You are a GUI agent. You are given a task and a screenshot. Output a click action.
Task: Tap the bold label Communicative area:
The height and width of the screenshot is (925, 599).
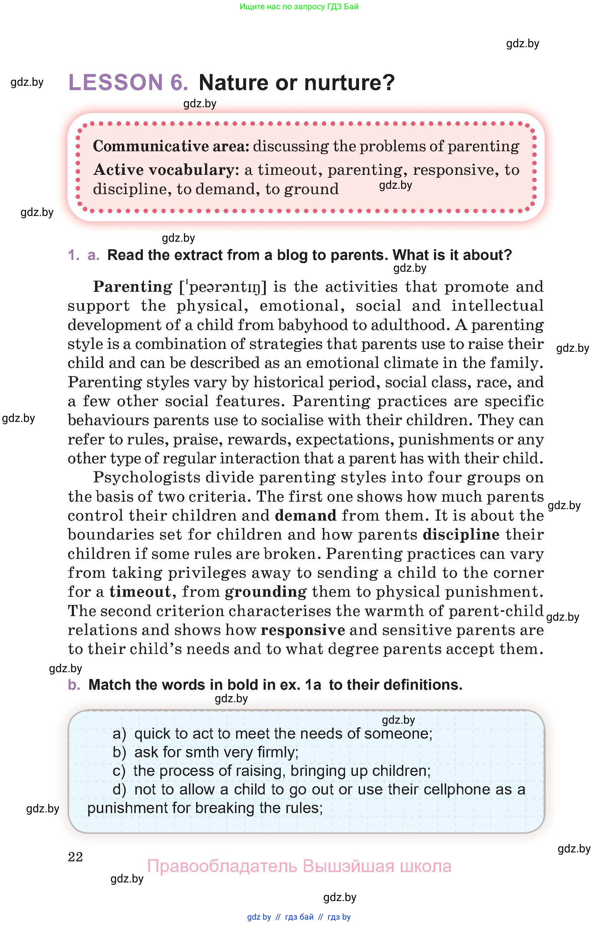pos(171,146)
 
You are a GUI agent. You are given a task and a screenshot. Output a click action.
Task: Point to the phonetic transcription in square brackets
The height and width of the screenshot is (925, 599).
pos(223,287)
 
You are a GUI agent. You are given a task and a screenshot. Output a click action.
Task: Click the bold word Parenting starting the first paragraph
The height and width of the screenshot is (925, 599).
pos(133,287)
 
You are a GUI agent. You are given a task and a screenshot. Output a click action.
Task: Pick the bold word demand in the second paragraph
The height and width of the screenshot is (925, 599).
pos(305,515)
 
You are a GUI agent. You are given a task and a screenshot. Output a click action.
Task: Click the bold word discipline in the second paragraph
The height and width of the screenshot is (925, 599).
pos(461,535)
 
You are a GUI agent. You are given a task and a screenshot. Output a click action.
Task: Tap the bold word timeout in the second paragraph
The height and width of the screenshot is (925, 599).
pos(140,591)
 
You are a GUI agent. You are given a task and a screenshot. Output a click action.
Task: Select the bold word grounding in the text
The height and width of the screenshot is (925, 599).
pos(265,591)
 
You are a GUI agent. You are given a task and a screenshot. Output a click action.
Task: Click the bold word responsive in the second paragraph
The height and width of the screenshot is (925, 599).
pos(303,630)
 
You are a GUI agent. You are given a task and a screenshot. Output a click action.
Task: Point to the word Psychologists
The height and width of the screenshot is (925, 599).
pos(146,477)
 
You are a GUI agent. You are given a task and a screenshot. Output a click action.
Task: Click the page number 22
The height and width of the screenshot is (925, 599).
pos(75,857)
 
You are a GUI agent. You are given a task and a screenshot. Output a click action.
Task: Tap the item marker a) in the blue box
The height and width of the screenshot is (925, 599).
pos(120,734)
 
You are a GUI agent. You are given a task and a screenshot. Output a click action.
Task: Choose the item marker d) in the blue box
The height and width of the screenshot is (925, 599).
pos(120,789)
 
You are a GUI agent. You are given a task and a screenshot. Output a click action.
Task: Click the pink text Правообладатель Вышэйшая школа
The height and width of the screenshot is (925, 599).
pos(299,866)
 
